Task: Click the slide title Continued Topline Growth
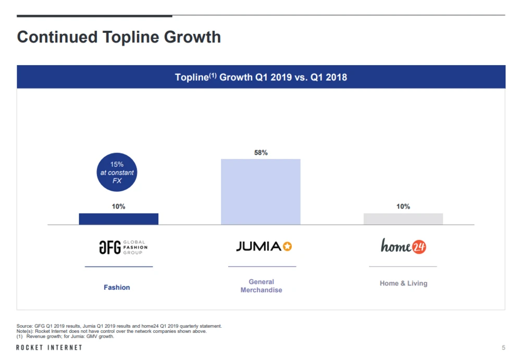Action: coord(119,37)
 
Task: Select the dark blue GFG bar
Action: coord(118,219)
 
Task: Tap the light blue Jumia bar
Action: coord(260,192)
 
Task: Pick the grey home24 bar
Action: coord(403,219)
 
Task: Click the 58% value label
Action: coord(260,153)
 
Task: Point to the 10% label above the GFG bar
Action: coord(118,206)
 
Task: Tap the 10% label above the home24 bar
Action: coord(403,206)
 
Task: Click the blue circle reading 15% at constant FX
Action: coord(117,172)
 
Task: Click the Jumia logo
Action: coord(264,246)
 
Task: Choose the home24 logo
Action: coord(403,246)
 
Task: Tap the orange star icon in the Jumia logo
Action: coord(287,246)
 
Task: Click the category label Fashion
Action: coord(117,287)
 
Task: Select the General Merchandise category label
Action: coord(261,285)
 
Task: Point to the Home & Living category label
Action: coord(403,283)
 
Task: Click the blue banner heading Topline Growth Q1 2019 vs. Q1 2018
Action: coord(260,77)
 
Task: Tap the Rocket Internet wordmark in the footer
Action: coord(49,347)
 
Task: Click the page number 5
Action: coord(503,347)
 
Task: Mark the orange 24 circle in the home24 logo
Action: coord(419,247)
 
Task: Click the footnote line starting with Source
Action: coord(119,326)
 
